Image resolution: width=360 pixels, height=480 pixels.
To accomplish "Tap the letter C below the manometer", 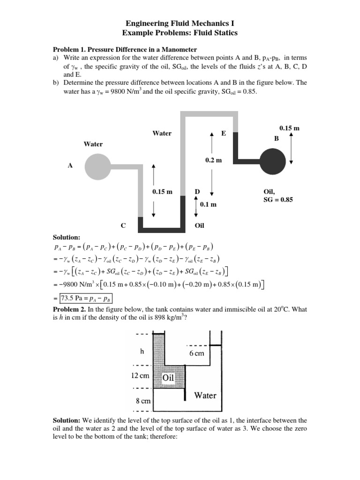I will click(123, 225).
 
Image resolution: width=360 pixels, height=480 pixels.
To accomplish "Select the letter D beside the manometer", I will click(197, 192).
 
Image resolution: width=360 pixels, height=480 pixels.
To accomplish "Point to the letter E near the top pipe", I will click(224, 134).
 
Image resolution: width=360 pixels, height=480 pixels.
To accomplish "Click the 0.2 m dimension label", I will click(213, 160).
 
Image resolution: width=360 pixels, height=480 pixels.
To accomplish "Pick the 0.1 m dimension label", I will click(208, 205).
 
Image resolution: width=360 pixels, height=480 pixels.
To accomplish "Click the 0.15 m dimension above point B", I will click(289, 128).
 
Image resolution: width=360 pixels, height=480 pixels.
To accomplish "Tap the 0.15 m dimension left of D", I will click(162, 192).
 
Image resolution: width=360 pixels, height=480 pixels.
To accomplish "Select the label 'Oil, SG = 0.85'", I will click(278, 195).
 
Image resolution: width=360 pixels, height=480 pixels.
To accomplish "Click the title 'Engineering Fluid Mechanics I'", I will click(180, 23).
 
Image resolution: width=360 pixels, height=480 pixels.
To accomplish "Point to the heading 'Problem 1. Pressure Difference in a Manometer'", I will click(125, 49).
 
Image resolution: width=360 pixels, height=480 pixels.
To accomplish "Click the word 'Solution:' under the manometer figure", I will click(67, 238).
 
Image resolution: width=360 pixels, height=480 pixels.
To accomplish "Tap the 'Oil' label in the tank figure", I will click(169, 377).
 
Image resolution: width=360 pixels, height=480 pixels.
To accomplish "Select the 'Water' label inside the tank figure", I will click(205, 395).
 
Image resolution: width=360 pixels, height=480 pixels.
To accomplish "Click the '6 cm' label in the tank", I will click(196, 353).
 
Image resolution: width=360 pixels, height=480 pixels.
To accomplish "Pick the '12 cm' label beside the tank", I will click(140, 376).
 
